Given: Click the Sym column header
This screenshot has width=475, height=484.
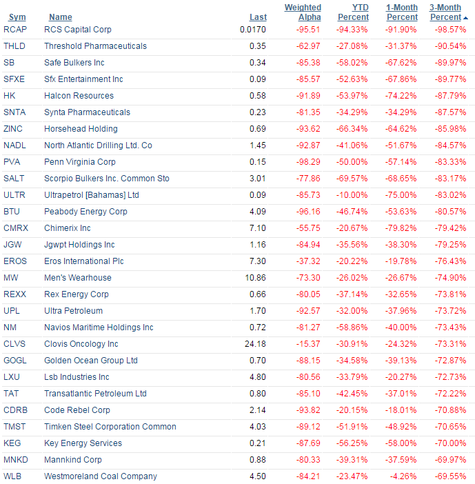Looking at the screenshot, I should click(x=17, y=17).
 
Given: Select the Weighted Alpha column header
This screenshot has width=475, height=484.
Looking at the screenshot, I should click(x=303, y=12).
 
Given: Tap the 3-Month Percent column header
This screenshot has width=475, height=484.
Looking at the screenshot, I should click(x=445, y=12).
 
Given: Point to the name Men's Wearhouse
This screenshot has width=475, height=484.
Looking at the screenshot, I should click(x=78, y=278).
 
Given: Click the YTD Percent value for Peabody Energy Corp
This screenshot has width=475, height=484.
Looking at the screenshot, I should click(x=352, y=212).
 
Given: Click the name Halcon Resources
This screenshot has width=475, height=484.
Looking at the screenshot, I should click(x=79, y=96).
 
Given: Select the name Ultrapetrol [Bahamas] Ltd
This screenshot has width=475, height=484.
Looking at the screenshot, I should click(x=92, y=195).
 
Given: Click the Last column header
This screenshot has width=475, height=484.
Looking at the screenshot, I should click(x=258, y=17).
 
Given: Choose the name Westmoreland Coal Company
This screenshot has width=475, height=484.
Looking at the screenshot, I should click(x=101, y=476).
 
